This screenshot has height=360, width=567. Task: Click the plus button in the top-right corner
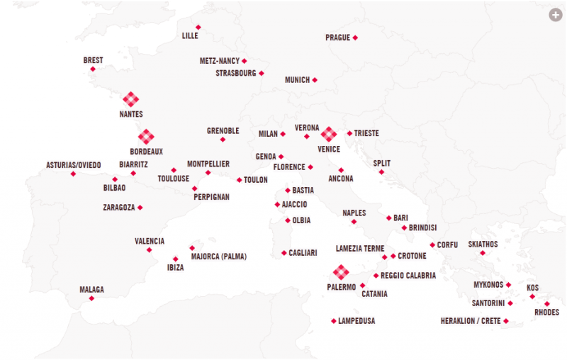click(x=555, y=14)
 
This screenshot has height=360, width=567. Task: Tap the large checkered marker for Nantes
click(x=130, y=99)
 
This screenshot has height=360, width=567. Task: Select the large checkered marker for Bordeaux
click(x=146, y=136)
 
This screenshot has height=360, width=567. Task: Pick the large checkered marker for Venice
click(x=328, y=133)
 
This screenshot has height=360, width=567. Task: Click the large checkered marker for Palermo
click(x=341, y=272)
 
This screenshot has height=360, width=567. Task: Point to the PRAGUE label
click(x=337, y=38)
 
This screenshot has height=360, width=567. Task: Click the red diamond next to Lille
click(x=198, y=28)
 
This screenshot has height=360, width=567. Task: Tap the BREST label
click(x=93, y=60)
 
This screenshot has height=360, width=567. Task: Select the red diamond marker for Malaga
click(x=91, y=298)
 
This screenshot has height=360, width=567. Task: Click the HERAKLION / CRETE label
click(x=470, y=321)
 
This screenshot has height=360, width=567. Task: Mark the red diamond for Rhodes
click(x=546, y=303)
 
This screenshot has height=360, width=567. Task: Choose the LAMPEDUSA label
click(x=357, y=321)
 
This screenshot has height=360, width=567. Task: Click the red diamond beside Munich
click(x=315, y=80)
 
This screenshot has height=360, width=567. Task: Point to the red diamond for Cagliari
click(x=283, y=253)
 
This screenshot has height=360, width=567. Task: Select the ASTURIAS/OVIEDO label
click(x=73, y=164)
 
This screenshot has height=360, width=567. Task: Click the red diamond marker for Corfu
click(x=432, y=245)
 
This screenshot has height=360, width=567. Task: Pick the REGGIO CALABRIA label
click(x=408, y=276)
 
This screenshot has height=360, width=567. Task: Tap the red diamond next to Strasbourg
click(x=261, y=73)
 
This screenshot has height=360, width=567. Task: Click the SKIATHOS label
click(x=483, y=244)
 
